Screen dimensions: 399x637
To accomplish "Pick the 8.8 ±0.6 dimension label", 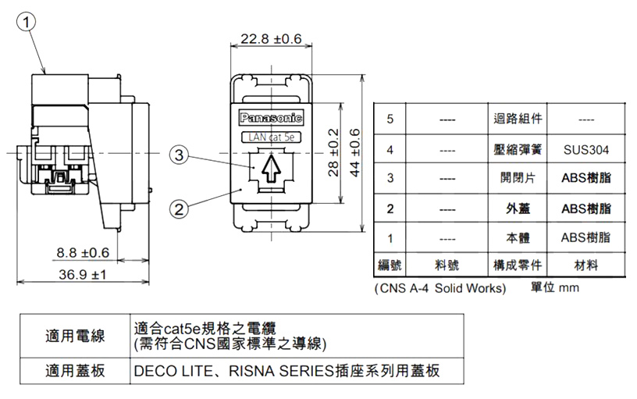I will (82, 252).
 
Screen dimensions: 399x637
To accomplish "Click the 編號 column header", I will (390, 265).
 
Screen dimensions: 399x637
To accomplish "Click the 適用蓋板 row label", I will (76, 370).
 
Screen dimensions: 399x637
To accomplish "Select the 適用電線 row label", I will (76, 337).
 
